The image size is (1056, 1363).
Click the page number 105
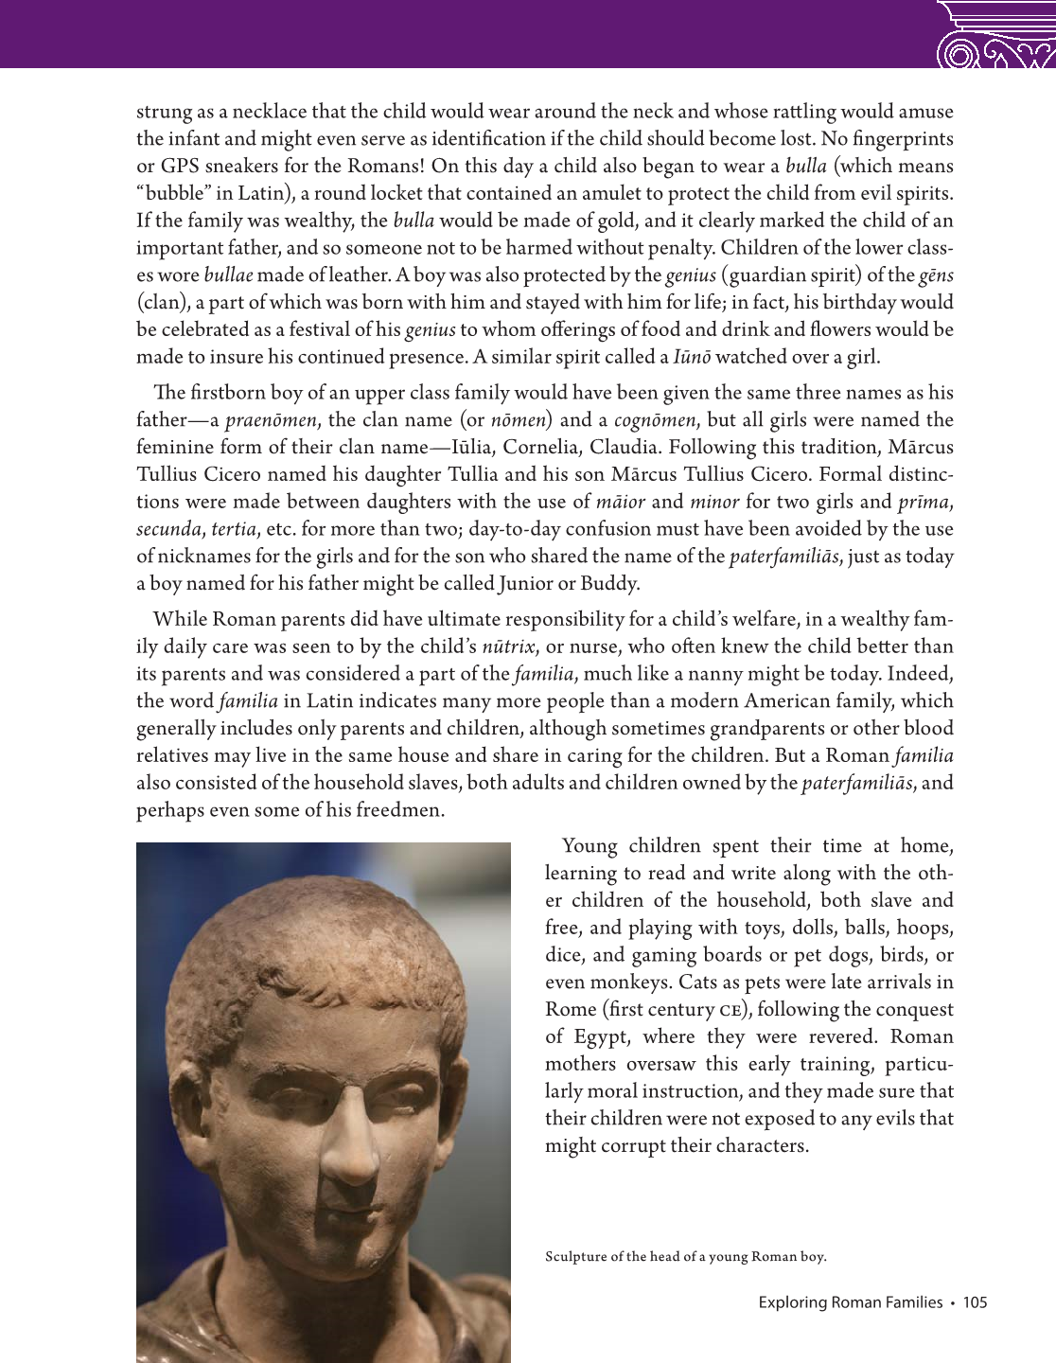pos(975,1303)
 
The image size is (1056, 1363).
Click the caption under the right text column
pos(686,1257)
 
